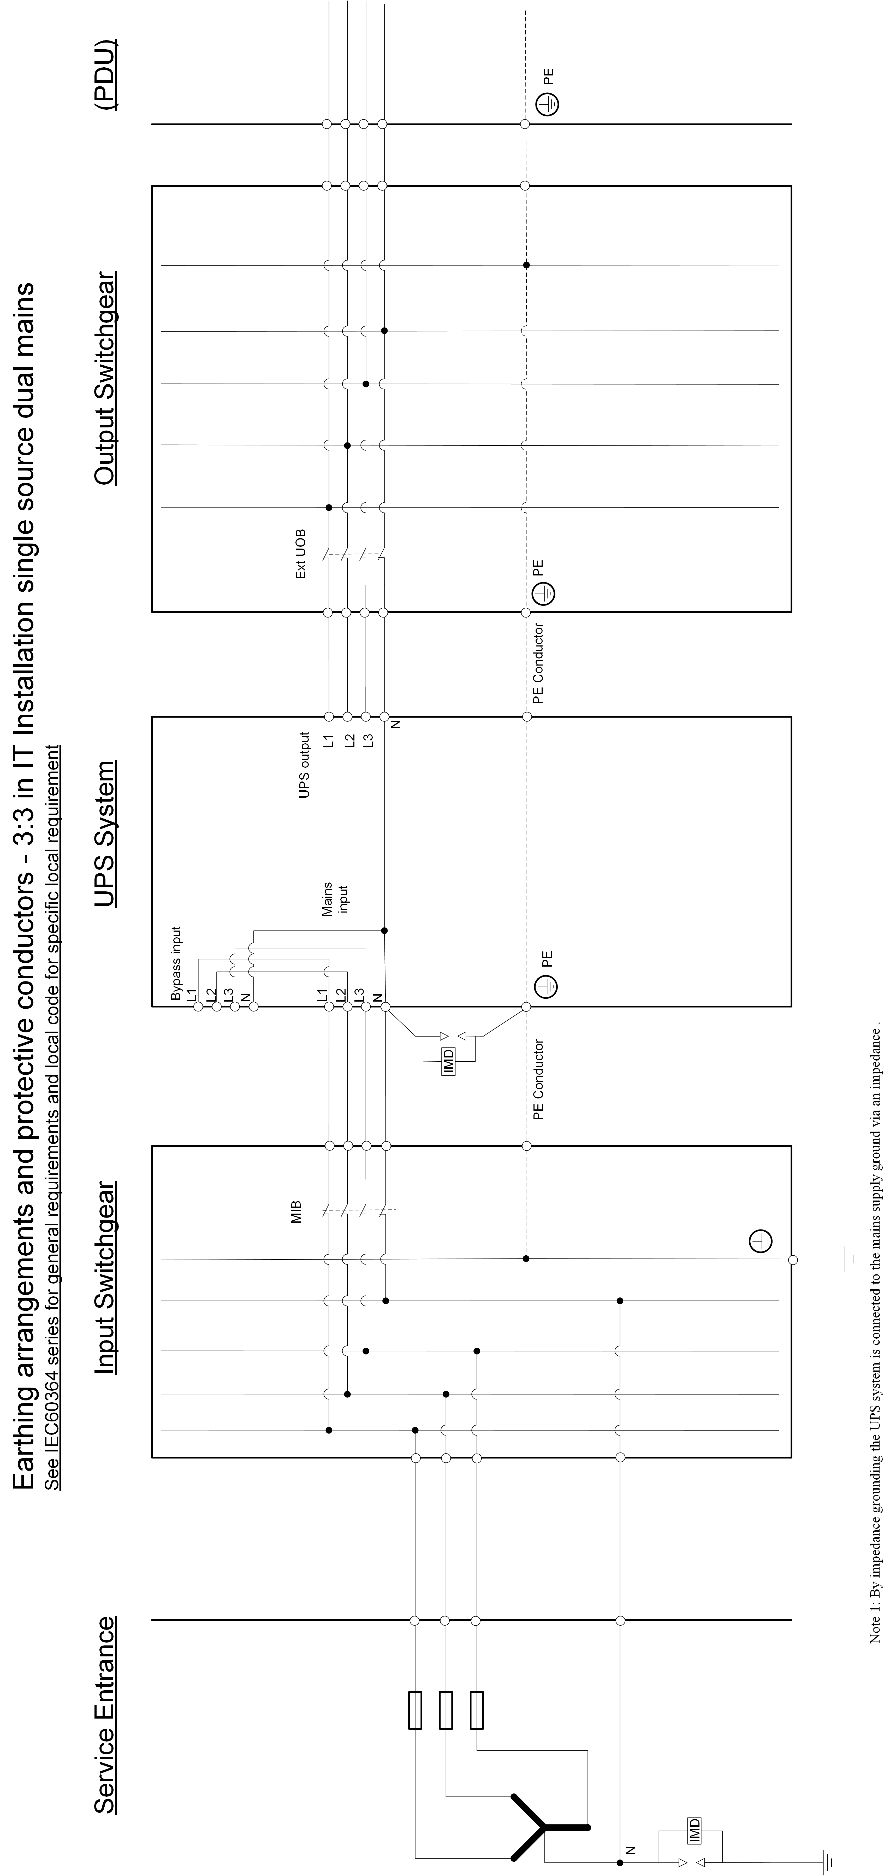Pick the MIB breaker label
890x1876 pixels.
(296, 1212)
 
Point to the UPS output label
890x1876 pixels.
(304, 765)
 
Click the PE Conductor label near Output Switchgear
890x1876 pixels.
(538, 663)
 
